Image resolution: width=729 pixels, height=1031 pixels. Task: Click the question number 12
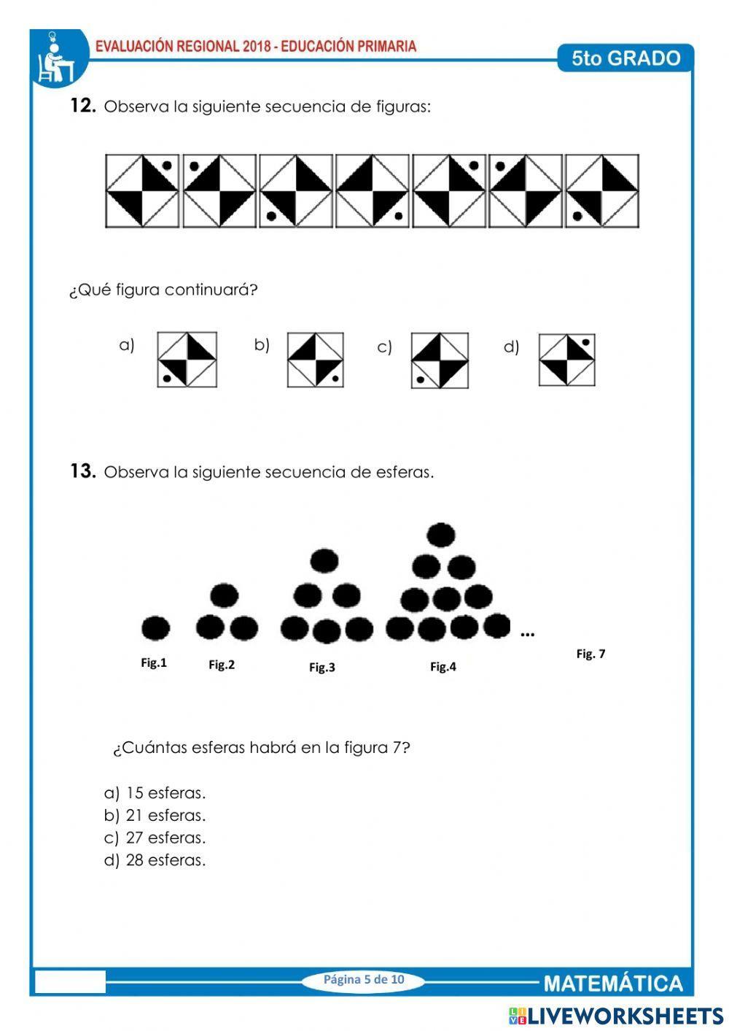[x=82, y=106]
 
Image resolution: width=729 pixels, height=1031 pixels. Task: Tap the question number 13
[x=82, y=471]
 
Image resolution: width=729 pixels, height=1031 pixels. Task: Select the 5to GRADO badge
[x=625, y=58]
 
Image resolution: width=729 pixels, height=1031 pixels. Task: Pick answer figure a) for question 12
[x=187, y=360]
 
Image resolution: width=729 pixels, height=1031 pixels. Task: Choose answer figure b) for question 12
[x=315, y=360]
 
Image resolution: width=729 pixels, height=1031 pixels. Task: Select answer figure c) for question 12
[x=440, y=360]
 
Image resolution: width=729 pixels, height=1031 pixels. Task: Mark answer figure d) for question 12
[x=567, y=359]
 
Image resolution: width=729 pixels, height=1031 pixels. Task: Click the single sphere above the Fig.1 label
[x=155, y=628]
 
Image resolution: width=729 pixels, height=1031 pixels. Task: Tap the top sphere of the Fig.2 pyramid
[x=225, y=595]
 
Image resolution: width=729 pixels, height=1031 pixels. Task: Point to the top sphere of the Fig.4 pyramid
[x=441, y=535]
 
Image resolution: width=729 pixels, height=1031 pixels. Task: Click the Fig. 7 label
[x=590, y=654]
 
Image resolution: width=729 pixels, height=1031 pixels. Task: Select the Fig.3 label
[x=322, y=667]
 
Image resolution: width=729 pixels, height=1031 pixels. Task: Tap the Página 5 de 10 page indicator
[x=364, y=979]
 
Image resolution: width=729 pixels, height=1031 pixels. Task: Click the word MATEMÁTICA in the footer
[x=613, y=984]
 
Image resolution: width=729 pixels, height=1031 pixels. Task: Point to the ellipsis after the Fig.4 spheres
[x=528, y=635]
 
